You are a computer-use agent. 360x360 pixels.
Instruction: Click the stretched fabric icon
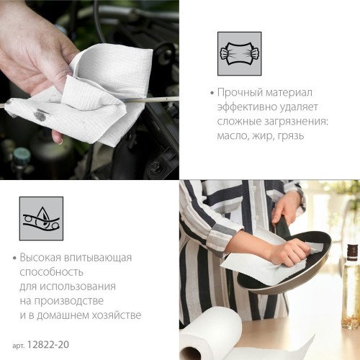(239, 54)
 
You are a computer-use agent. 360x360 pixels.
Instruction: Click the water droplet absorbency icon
(41, 218)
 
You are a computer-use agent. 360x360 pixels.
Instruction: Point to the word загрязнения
(296, 122)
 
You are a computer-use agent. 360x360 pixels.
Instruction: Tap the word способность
(51, 272)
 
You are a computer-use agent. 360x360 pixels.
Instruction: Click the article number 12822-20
(48, 345)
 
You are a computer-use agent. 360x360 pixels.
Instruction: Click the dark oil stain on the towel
(40, 114)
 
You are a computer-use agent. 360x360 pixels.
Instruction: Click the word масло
(233, 136)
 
